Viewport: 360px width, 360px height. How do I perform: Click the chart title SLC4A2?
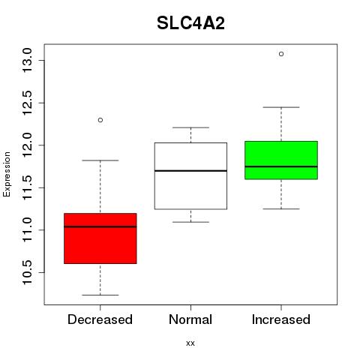pos(190,23)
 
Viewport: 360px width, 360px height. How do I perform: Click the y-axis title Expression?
pos(7,174)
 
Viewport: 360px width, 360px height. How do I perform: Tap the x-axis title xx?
pos(190,343)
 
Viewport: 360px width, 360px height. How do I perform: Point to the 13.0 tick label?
pos(28,60)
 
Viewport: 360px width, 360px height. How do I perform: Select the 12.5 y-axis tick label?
pos(28,103)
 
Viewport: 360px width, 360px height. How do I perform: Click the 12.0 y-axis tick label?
pos(28,145)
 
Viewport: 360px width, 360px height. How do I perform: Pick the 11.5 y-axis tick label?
pos(28,187)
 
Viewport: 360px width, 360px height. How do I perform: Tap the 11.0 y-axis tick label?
pos(28,229)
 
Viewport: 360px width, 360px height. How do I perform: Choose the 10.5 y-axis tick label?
pos(28,272)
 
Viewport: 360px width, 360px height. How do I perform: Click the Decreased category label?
pos(100,319)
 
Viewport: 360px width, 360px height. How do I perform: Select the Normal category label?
pos(190,319)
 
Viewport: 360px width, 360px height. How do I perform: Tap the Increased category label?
pos(281,319)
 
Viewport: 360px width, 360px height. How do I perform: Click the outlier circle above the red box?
pos(100,120)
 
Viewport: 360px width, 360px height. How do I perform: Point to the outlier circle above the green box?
pos(281,54)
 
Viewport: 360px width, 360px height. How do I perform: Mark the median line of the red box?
pos(100,226)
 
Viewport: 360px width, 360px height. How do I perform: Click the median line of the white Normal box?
pos(190,171)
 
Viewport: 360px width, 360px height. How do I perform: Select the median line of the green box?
pos(281,166)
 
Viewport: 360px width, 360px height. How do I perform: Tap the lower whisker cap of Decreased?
pos(100,295)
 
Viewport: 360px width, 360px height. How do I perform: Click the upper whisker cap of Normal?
pos(190,127)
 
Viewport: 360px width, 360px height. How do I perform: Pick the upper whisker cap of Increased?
pos(281,107)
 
